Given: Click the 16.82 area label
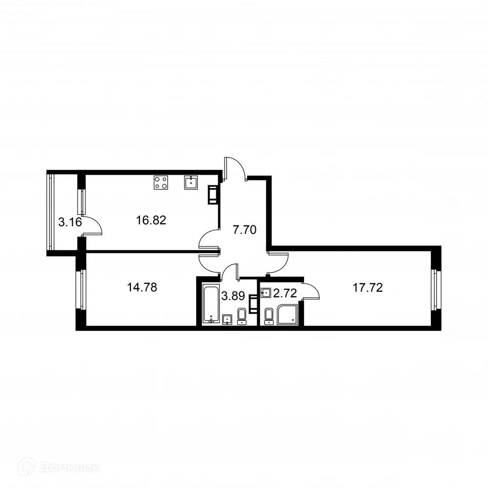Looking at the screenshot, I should [x=151, y=221].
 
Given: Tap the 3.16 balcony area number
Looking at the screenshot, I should [x=69, y=223].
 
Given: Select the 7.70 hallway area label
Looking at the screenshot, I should [x=244, y=229].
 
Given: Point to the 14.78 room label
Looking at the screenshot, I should [x=142, y=287].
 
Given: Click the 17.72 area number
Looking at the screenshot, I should [x=367, y=287].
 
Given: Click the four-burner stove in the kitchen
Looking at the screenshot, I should [x=162, y=183].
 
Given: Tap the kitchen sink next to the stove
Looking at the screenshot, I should [x=191, y=183].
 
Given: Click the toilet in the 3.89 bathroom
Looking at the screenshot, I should [x=242, y=316].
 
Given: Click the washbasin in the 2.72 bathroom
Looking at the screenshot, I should [x=266, y=293].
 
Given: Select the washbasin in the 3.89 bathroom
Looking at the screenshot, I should [x=227, y=320].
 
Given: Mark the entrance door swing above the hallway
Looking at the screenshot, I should [x=236, y=168].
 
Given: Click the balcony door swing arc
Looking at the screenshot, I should [x=94, y=226].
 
